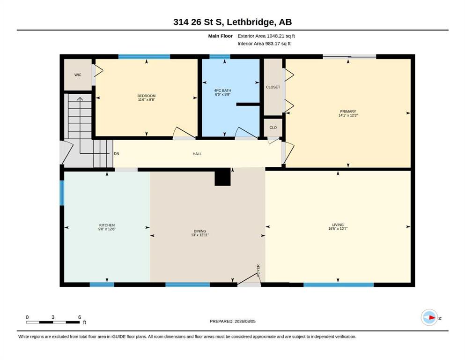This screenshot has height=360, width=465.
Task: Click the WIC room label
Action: (x=78, y=75)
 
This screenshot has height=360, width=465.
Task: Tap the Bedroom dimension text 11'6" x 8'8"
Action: (x=147, y=100)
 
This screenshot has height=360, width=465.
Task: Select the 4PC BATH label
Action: (x=223, y=90)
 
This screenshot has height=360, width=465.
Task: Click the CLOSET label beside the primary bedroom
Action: (x=273, y=87)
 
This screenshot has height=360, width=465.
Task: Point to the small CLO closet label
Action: (x=273, y=127)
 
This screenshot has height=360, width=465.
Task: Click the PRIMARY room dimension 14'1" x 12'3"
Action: (x=348, y=115)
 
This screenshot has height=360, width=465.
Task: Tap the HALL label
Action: (x=197, y=154)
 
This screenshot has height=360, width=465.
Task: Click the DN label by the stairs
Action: (x=117, y=154)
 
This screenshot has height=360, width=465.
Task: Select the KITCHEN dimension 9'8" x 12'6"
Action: (x=107, y=229)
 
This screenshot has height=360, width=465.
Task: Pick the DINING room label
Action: (x=200, y=231)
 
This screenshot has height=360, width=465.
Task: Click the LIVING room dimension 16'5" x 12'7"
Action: (x=338, y=229)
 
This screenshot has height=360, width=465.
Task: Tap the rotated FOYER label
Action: (x=258, y=270)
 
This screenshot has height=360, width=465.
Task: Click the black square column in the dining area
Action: (x=223, y=177)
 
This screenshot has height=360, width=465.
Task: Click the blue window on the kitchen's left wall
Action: (x=62, y=193)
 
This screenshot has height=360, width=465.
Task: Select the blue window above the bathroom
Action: (x=220, y=57)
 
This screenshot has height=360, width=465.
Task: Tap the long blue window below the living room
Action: (x=339, y=285)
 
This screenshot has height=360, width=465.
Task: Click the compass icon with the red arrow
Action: (x=429, y=317)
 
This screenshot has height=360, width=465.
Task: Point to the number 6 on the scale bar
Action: (x=80, y=317)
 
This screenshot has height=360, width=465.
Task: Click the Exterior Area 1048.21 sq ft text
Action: (x=266, y=36)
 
